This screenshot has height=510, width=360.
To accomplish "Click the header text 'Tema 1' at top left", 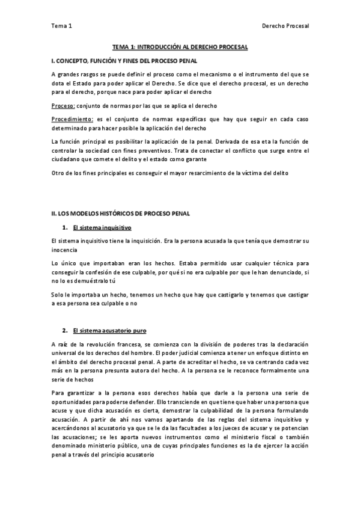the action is tap(61, 26).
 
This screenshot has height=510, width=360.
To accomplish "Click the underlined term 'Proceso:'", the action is tap(63, 105).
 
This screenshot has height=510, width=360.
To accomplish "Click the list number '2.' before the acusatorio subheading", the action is tap(65, 330).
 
